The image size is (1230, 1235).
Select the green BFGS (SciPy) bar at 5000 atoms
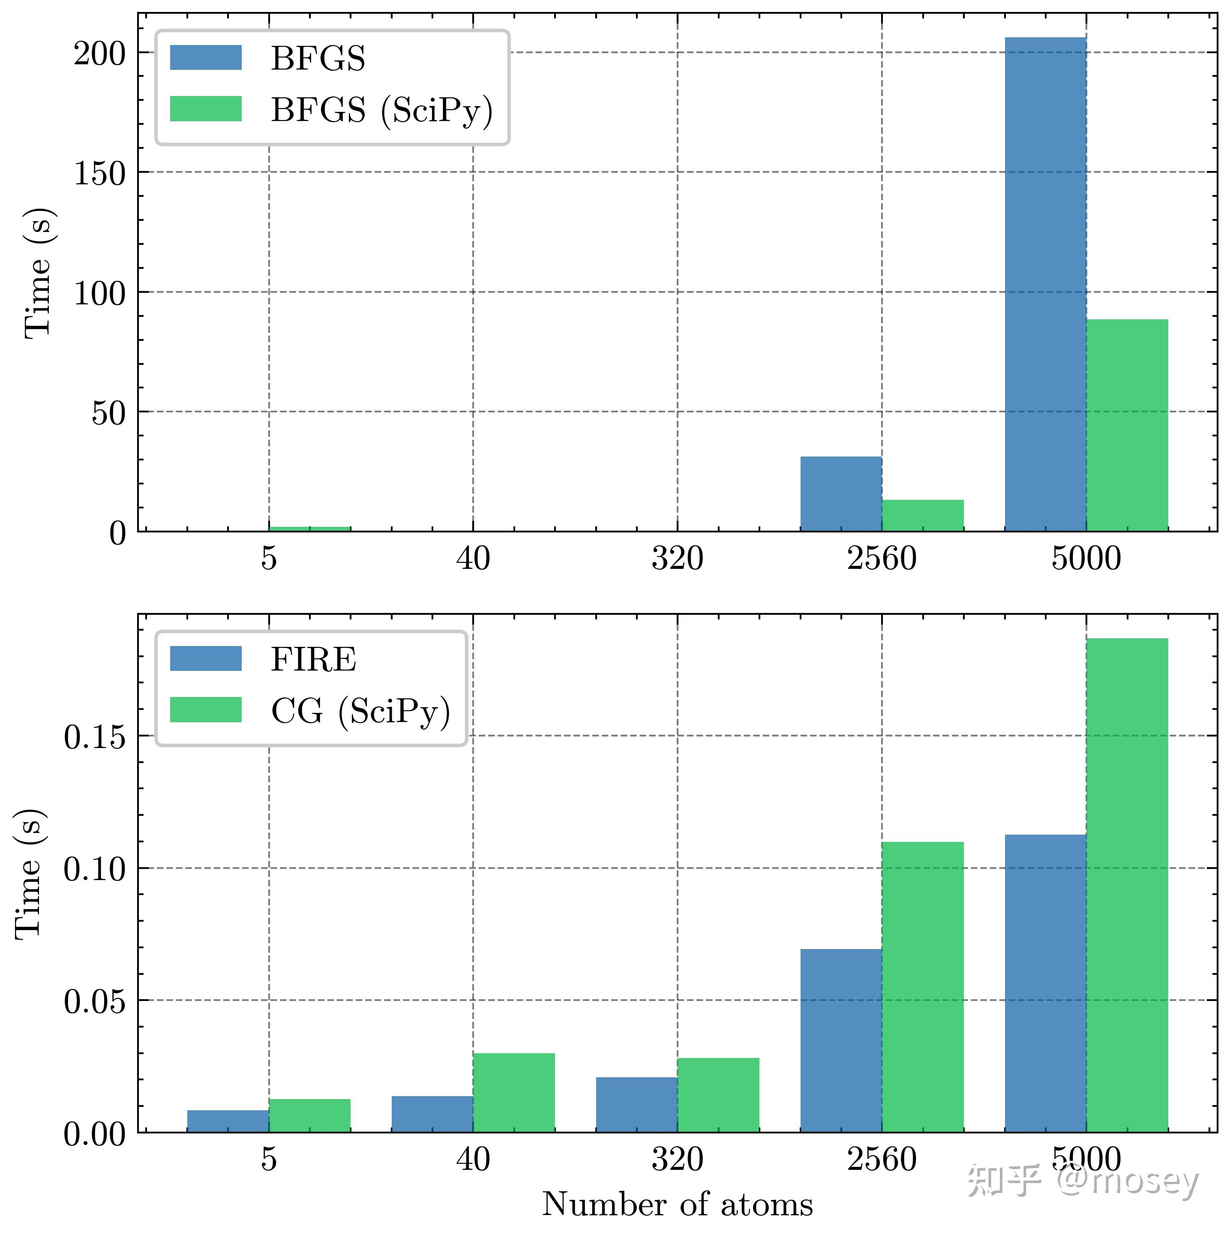1127,425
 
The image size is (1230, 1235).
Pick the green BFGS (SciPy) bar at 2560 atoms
923,515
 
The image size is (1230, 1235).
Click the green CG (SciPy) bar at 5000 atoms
1127,885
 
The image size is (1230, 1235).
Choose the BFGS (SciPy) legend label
381,111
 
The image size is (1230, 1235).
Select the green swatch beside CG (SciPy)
206,709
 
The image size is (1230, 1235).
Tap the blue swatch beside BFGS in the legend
206,57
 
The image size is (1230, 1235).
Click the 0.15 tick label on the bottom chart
95,737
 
